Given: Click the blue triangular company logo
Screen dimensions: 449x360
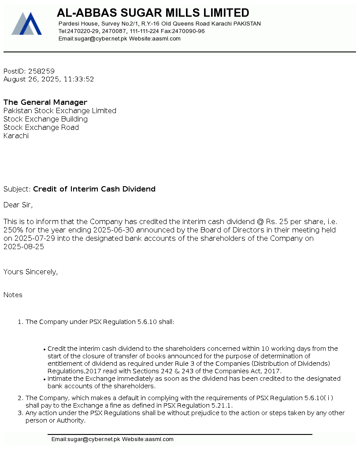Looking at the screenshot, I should (26, 24).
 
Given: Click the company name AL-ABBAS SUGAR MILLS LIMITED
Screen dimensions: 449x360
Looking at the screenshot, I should (153, 13).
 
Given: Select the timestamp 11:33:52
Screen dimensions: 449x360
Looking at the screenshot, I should (79, 80).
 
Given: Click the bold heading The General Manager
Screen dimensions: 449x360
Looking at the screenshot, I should (45, 103).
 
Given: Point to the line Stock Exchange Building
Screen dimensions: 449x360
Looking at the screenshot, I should (45, 119).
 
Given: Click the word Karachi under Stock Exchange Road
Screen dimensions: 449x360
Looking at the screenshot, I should (16, 136).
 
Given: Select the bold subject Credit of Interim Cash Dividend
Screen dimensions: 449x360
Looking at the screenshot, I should (94, 189).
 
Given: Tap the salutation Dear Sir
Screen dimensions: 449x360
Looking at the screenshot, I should (18, 205).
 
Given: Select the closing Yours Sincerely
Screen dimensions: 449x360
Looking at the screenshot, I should (30, 272).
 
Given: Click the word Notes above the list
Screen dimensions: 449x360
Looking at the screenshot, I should (13, 295).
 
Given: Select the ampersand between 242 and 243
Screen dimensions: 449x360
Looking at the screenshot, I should (177, 371).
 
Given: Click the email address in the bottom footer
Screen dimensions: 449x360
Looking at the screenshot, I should (86, 439).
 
